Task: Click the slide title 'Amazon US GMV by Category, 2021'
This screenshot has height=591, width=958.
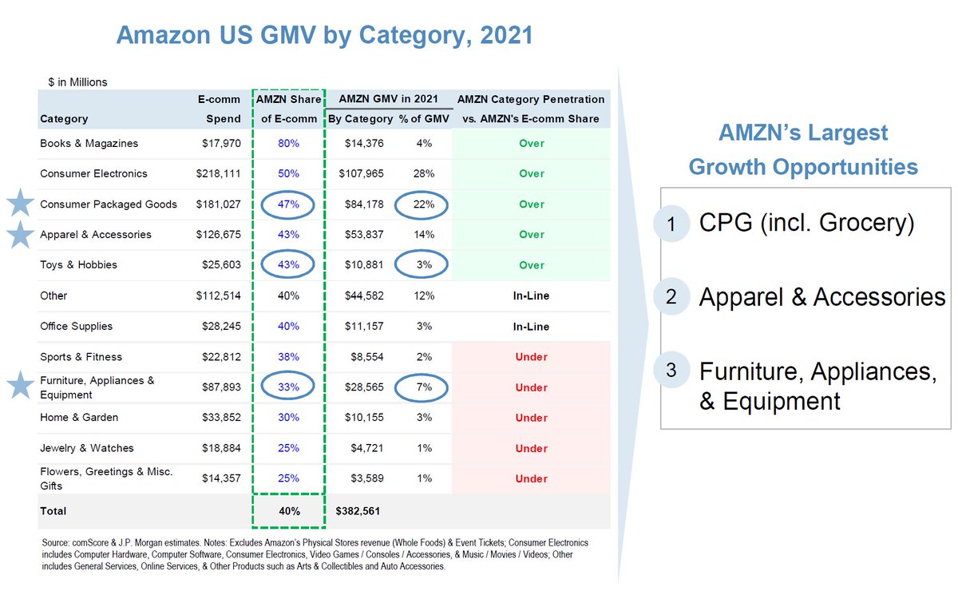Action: (x=324, y=35)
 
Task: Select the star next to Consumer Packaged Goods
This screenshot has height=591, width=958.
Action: (x=19, y=204)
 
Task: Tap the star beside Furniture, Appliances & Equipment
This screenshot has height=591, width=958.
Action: (x=19, y=387)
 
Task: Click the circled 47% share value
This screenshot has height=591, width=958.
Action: (x=288, y=204)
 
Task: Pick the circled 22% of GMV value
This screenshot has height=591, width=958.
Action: (x=424, y=204)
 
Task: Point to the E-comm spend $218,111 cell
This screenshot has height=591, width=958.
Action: (x=218, y=173)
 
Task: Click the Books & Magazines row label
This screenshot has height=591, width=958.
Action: (x=89, y=144)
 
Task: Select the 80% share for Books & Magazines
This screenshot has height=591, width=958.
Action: (x=288, y=144)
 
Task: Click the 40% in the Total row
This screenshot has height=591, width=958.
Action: (x=288, y=511)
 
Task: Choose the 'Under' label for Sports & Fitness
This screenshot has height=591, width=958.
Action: (x=531, y=357)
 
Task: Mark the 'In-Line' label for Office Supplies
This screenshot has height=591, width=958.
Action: (x=531, y=327)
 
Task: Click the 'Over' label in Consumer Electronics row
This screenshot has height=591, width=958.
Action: (x=531, y=173)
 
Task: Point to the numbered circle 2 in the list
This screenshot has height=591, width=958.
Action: (x=671, y=298)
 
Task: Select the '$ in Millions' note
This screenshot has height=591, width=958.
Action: (x=77, y=81)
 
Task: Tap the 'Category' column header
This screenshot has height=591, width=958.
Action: (x=64, y=119)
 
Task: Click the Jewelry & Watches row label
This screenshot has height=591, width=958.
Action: (x=87, y=448)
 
